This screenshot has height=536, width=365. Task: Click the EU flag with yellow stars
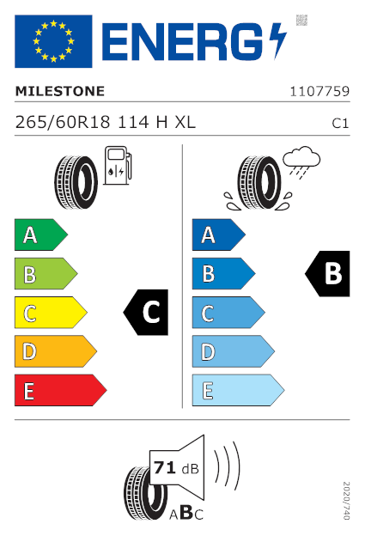click(x=53, y=41)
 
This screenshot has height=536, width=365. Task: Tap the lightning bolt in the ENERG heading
click(x=277, y=41)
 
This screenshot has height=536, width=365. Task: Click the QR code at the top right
click(x=301, y=20)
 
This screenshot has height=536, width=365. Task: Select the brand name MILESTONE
click(x=60, y=91)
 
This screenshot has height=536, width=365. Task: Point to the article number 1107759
click(x=319, y=92)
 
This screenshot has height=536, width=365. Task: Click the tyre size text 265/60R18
click(x=63, y=122)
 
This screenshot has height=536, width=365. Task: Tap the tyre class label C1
click(x=340, y=124)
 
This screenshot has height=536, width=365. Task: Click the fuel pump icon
click(x=118, y=166)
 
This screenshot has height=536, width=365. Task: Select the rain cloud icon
click(x=301, y=162)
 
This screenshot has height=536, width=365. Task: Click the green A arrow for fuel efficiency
click(x=41, y=234)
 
